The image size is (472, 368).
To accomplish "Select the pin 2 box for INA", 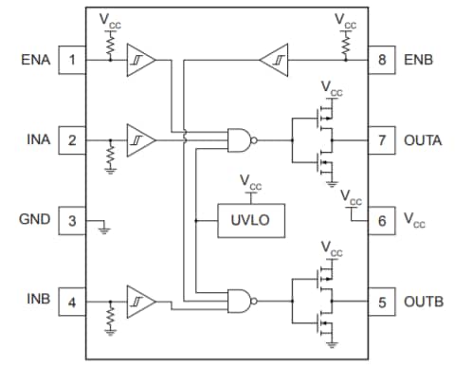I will point(72,141).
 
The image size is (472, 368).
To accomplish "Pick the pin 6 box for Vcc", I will point(383,220).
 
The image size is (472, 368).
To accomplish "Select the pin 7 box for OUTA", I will point(383,141).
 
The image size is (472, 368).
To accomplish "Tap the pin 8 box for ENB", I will point(383,61).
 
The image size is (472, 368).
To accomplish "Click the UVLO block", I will point(250,221).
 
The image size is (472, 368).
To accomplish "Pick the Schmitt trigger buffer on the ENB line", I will point(272,60).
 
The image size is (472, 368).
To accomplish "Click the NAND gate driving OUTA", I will point(241,141).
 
